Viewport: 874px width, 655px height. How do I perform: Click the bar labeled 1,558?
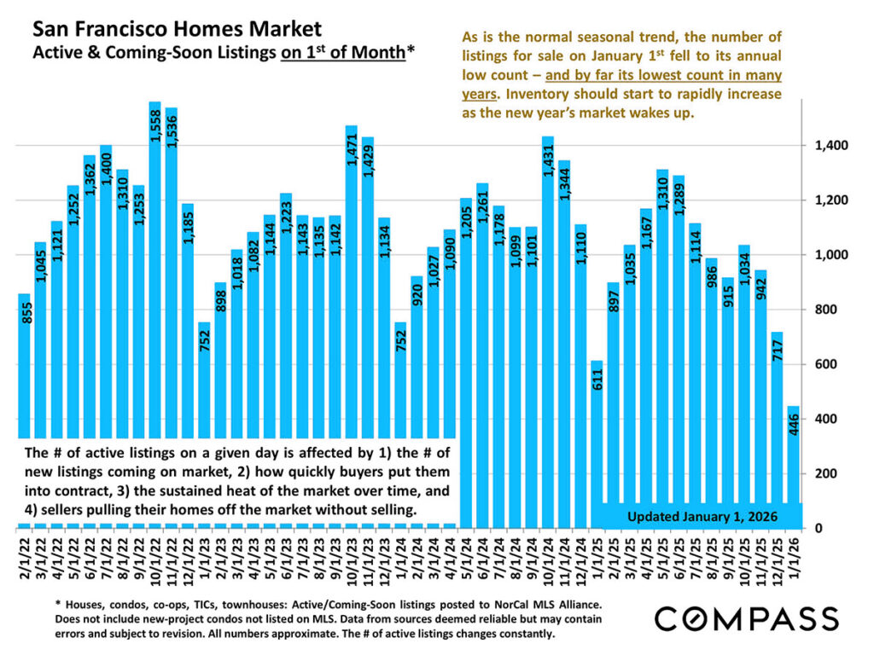point(154,256)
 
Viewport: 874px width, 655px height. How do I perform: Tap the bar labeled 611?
point(597,426)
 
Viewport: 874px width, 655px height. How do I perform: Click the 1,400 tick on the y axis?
point(830,146)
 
